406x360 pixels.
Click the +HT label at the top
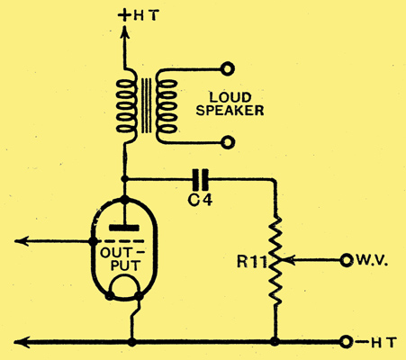tap(139, 15)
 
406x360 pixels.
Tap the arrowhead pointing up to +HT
tap(124, 32)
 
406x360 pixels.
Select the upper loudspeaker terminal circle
tap(228, 69)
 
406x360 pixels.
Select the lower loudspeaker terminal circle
tap(228, 142)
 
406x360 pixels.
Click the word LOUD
tap(230, 97)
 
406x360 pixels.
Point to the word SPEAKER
tap(230, 111)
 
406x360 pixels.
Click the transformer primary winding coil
tap(126, 105)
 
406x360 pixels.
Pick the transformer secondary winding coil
tap(166, 105)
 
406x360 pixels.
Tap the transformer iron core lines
tap(146, 105)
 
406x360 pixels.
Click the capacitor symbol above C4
tap(201, 180)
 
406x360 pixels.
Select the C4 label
tap(200, 200)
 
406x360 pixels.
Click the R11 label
tap(251, 262)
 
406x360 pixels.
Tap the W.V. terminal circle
tap(346, 260)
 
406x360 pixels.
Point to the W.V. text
tap(373, 260)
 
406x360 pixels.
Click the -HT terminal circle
tap(346, 342)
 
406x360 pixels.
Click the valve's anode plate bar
tap(124, 228)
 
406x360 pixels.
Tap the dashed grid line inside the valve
tap(118, 241)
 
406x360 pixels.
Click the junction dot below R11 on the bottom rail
tap(275, 341)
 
